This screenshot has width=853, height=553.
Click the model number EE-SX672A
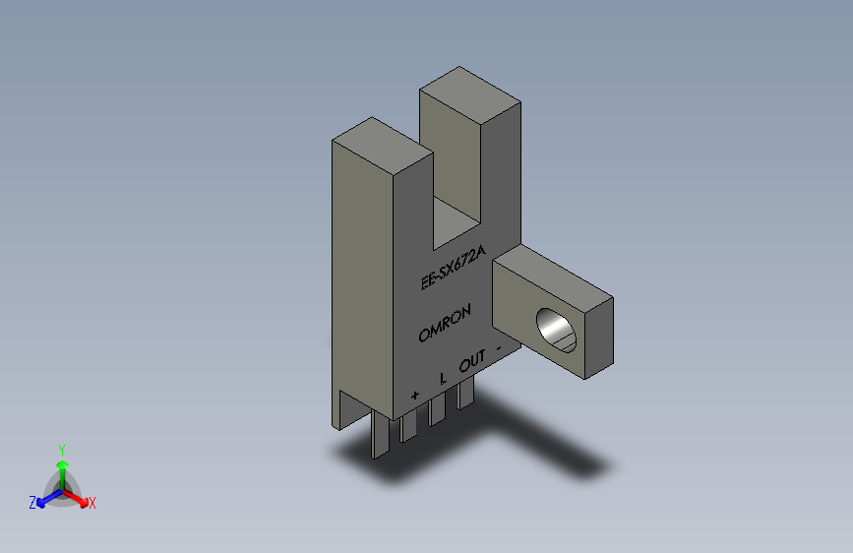click(453, 269)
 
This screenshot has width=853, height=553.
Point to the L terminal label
click(443, 377)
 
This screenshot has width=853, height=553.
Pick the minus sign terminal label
click(501, 346)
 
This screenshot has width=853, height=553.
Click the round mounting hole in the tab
click(556, 330)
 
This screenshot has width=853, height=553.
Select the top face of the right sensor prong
click(469, 88)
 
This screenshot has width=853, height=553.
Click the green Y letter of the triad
click(61, 448)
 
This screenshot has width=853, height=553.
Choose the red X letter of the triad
click(92, 504)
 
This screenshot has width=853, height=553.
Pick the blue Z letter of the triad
click(32, 503)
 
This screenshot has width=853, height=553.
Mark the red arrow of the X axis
click(78, 497)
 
